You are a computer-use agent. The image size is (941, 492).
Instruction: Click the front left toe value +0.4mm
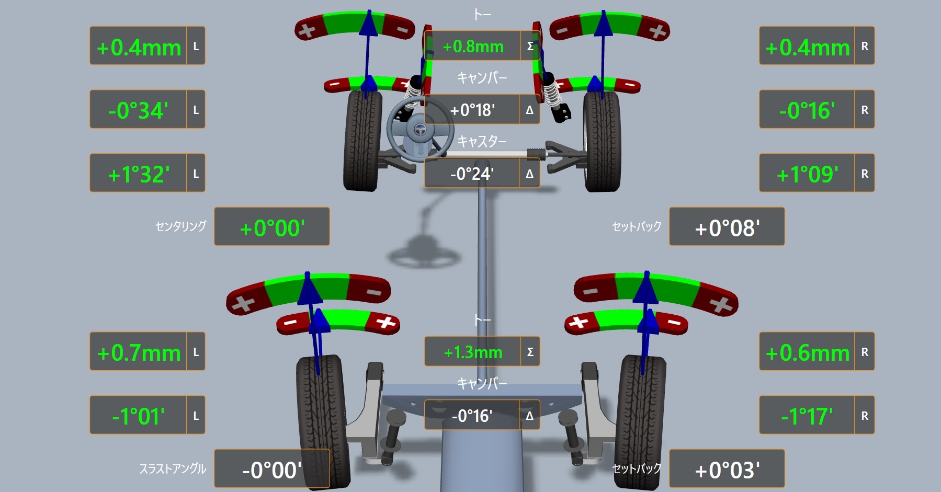tap(139, 48)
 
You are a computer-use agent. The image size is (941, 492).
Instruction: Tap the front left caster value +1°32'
tap(139, 174)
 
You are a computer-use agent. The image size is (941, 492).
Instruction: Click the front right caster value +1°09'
tap(808, 174)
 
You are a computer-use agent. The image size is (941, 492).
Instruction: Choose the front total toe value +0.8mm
tap(473, 47)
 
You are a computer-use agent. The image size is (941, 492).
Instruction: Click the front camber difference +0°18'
tap(472, 110)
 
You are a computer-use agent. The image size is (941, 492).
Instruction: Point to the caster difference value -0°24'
tap(472, 174)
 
